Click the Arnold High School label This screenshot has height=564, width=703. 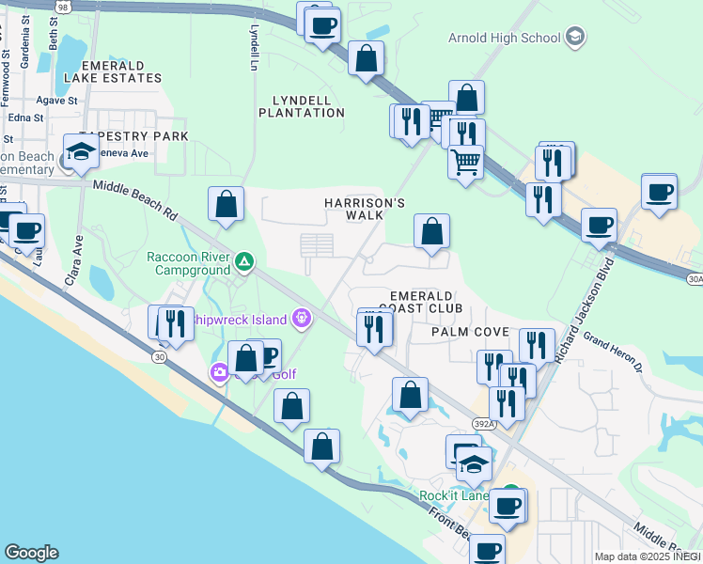(x=504, y=38)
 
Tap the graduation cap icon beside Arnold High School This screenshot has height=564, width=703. (x=575, y=38)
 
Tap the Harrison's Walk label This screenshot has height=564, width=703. (x=365, y=209)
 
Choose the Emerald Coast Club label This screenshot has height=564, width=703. (x=427, y=301)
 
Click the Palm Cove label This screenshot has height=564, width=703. (x=470, y=332)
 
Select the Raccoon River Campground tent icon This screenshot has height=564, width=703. (x=243, y=261)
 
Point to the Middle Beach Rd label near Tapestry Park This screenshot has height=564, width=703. (x=134, y=200)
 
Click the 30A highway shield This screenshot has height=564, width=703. (x=695, y=278)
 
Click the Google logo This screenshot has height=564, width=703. (x=31, y=553)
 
